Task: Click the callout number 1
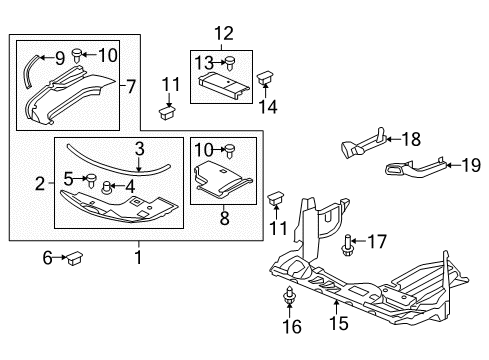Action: [138, 257]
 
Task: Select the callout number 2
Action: [40, 183]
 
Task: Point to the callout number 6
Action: [45, 257]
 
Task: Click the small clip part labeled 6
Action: [75, 258]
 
